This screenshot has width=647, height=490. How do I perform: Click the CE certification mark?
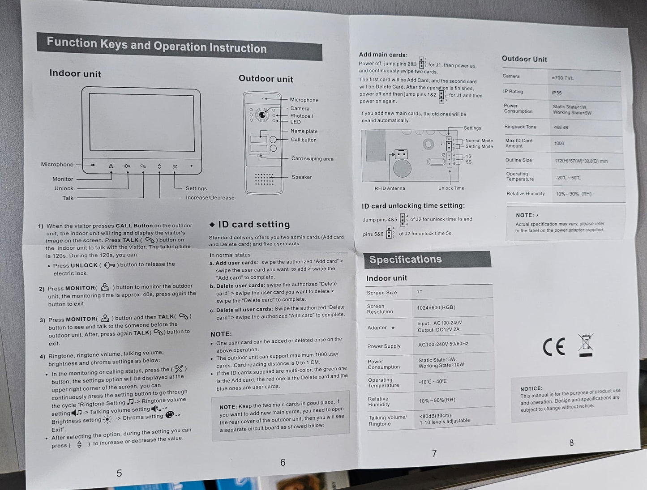pos(554,347)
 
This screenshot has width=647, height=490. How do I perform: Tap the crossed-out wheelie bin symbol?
pos(585,345)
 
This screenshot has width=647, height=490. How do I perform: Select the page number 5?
pos(119,473)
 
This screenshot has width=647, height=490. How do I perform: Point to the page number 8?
pos(571,443)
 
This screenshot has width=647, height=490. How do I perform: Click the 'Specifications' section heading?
pos(405,260)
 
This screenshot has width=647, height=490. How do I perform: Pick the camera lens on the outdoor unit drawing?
pos(262,115)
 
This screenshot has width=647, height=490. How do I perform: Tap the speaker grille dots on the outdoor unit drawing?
pos(264,179)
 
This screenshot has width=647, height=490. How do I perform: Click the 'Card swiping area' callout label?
pos(312,159)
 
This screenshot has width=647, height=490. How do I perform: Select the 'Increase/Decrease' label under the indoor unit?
pos(210,198)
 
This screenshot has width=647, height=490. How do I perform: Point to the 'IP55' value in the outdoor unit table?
pos(557,93)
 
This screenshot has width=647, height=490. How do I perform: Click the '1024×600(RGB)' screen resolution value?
pos(436,308)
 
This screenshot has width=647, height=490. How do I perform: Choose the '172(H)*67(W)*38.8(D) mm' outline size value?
pos(581,161)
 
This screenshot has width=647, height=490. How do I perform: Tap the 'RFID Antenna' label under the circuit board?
pos(390,188)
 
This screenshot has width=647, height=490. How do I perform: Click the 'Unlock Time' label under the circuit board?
pos(451,188)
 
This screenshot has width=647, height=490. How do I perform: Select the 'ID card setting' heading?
pos(254,224)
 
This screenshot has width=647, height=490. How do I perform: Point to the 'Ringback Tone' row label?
pos(520,127)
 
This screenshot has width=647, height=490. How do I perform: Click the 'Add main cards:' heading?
pos(383,55)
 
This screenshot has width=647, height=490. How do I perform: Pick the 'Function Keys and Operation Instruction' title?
pos(157,45)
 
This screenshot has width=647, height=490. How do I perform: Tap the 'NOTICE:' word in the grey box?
pos(531,389)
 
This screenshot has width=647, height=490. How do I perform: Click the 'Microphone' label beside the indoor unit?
pos(57,164)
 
